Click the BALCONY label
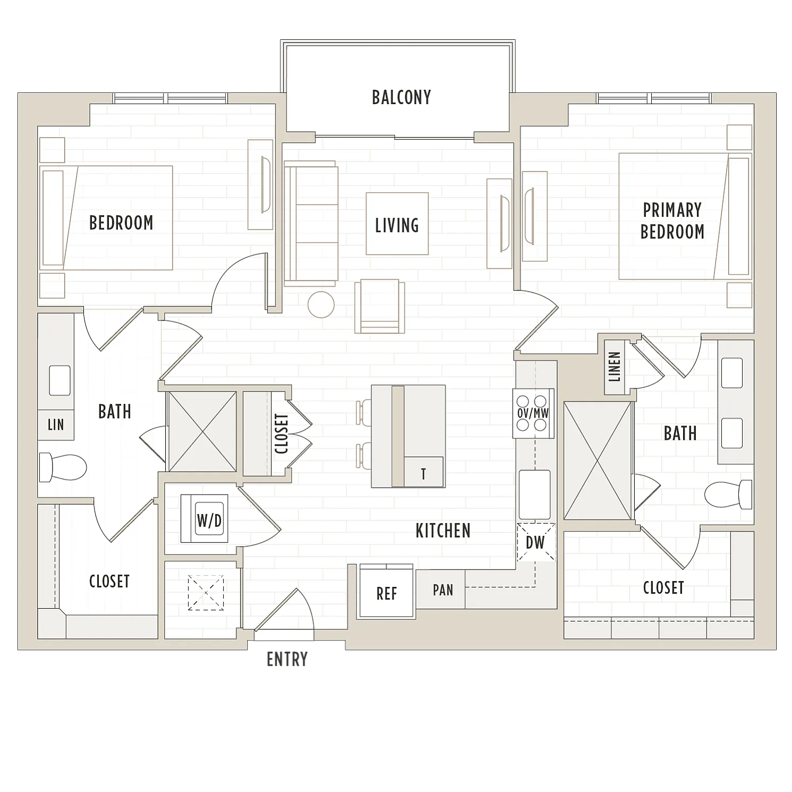pos(401,97)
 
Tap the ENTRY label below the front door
pos(287,659)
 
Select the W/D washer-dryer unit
pos(205,518)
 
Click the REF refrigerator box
pos(386,592)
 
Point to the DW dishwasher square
pos(535,542)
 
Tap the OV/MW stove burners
pos(533,413)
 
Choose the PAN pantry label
pos(443,590)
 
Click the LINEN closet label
pos(615,367)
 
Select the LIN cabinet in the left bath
pos(56,424)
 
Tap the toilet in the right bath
pos(728,495)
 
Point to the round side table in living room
pos(321,305)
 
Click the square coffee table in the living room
pos(397,224)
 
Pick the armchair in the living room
pos(380,306)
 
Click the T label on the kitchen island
pos(423,474)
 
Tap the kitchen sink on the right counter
pos(535,495)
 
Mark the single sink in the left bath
pos(60,380)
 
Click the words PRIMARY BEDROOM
pos(672,221)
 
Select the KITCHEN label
pos(443,531)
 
